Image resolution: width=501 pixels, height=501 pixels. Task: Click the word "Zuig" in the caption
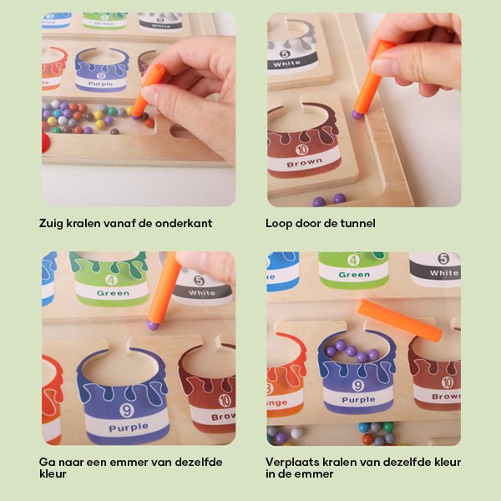point(52,224)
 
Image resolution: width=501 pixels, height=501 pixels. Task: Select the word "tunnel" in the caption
point(357,224)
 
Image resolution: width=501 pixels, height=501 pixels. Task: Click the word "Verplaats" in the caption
point(292,461)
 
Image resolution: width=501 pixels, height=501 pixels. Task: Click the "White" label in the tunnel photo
point(287,63)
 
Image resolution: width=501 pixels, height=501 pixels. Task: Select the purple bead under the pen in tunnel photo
point(357,114)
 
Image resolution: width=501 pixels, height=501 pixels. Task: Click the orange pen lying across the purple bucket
point(399,320)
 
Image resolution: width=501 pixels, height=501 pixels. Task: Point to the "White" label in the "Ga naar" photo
point(202,293)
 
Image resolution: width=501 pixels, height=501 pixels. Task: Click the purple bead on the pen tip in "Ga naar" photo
point(153,324)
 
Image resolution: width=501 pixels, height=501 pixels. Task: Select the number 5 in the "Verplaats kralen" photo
point(443,259)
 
